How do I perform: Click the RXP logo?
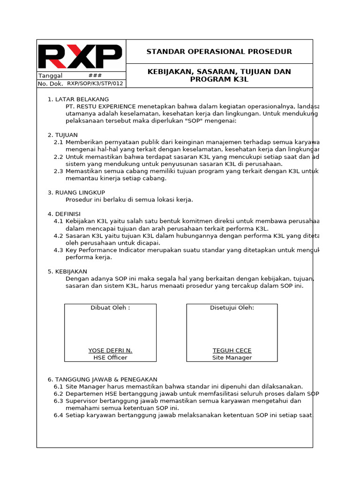tap(80, 57)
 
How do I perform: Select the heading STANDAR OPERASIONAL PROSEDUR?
tap(219, 52)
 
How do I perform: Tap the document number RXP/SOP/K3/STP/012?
tap(95, 83)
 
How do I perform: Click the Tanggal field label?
tap(50, 75)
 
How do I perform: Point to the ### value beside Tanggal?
tap(95, 75)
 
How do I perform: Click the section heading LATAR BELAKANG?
tap(82, 99)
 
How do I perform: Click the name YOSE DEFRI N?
tap(110, 351)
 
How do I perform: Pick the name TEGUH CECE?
tap(232, 351)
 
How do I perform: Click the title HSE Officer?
tap(110, 358)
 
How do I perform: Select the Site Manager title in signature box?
tap(232, 358)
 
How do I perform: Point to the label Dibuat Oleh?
tap(110, 307)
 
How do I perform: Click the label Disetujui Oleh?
tap(232, 307)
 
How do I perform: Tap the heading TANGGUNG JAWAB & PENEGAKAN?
tap(106, 379)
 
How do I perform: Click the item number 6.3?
tap(58, 401)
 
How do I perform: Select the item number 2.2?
tap(58, 157)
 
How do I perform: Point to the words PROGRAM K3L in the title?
tap(219, 79)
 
